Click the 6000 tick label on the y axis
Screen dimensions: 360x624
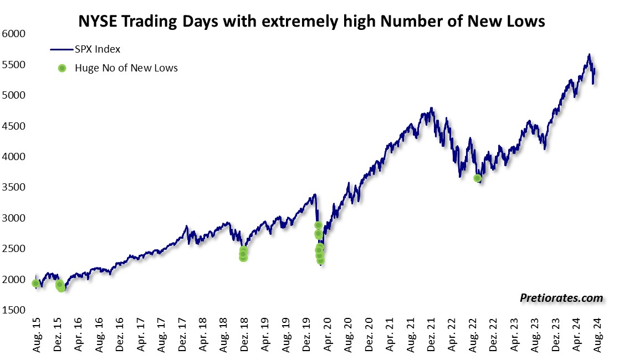15,34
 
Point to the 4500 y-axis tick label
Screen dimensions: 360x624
15,126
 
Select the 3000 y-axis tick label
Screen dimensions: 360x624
15,218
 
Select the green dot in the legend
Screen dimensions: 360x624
62,68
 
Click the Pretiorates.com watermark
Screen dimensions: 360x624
561,298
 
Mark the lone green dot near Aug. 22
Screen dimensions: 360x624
478,178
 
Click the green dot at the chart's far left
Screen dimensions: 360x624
36,283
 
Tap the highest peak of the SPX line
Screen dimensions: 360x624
589,54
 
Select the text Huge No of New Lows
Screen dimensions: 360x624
126,68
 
